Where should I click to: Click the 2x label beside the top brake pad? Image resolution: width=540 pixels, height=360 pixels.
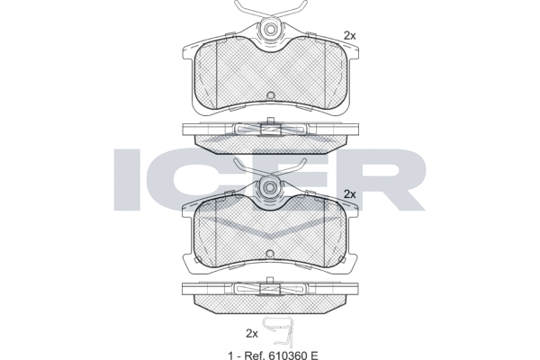tap(350, 35)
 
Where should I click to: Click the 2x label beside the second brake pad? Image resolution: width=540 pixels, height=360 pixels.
tap(350, 194)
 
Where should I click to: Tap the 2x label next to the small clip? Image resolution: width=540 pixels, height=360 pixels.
tap(252, 334)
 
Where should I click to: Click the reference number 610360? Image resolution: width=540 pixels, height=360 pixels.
tap(287, 355)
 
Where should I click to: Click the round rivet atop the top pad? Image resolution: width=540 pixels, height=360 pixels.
tap(271, 30)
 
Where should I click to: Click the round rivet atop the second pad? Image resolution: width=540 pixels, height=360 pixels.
tap(271, 187)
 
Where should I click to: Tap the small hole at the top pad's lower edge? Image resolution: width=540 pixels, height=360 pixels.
tap(271, 95)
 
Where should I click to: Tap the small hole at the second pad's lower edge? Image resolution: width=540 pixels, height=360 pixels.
tap(271, 253)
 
